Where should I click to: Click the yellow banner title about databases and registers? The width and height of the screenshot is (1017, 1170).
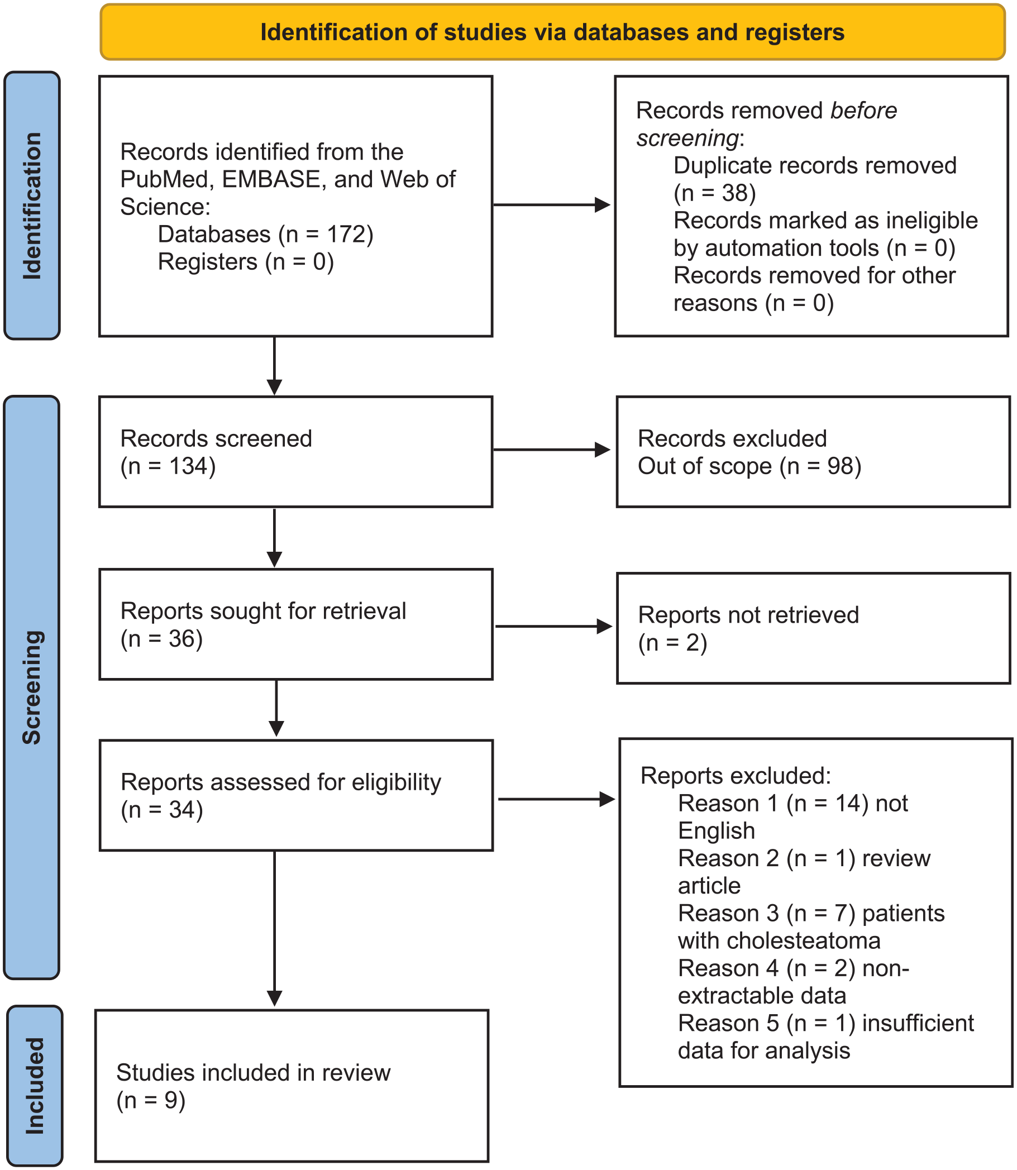552,32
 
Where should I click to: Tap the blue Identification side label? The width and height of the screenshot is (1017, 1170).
32,206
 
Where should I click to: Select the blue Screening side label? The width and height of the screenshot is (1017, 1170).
32,687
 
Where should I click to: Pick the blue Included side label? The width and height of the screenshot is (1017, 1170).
35,1086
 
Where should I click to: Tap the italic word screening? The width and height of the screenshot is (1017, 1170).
687,139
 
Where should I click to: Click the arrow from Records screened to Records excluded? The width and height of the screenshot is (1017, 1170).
551,450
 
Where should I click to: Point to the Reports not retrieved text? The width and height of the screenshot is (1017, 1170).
748,615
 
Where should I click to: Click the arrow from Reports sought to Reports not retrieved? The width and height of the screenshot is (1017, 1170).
554,627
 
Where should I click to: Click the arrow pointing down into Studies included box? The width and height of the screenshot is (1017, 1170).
275,928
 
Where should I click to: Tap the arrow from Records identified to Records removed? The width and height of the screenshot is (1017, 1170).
551,205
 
